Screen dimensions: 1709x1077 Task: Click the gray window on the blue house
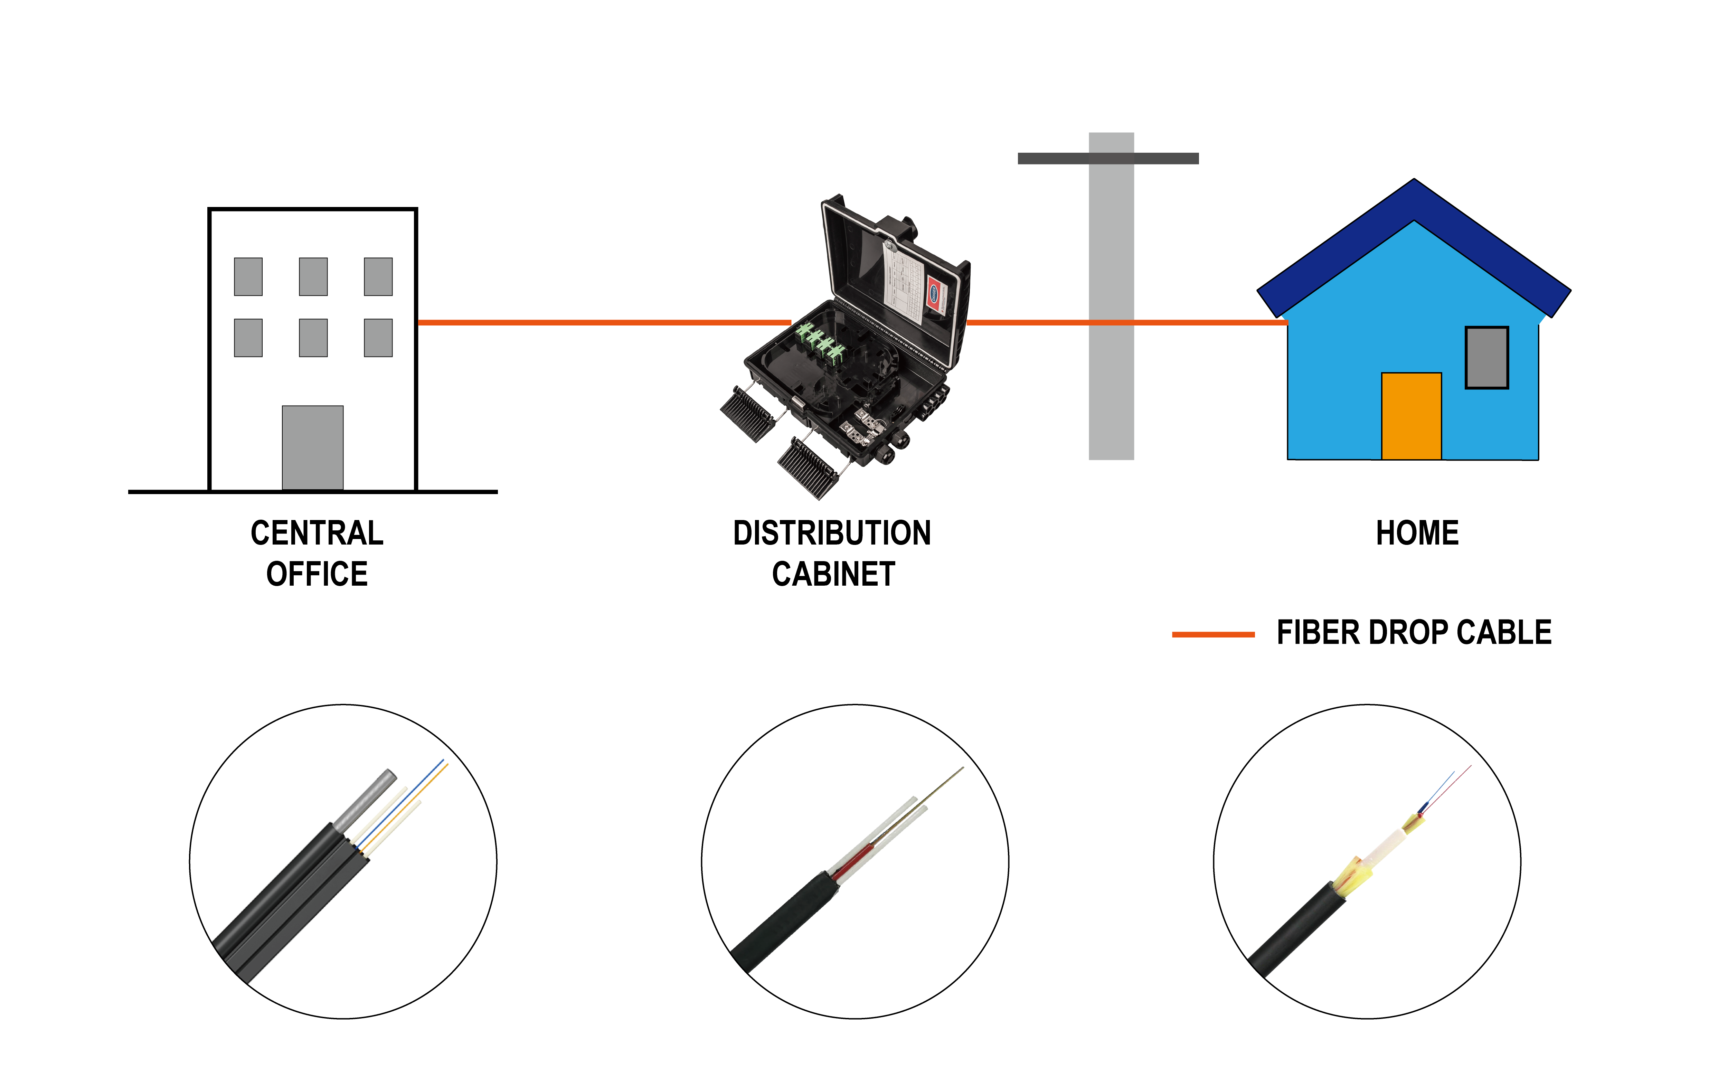pos(1487,358)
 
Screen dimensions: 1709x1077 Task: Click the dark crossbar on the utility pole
pos(1108,158)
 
